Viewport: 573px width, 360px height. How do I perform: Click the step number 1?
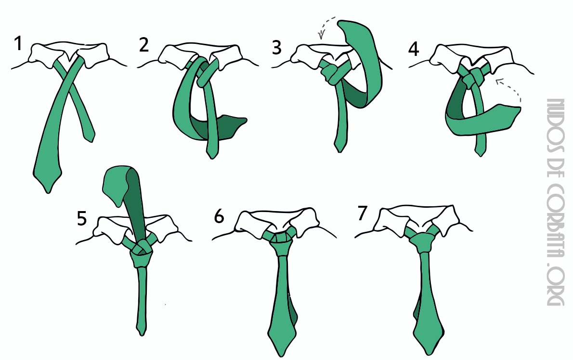18,43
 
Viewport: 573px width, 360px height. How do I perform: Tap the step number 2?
144,45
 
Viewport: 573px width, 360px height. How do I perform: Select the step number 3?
277,48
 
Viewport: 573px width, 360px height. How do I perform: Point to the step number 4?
413,49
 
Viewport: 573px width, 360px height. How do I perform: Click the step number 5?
81,219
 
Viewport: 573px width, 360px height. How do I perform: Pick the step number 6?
219,216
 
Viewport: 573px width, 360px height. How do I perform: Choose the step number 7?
362,213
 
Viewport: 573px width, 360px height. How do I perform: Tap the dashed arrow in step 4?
515,86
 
